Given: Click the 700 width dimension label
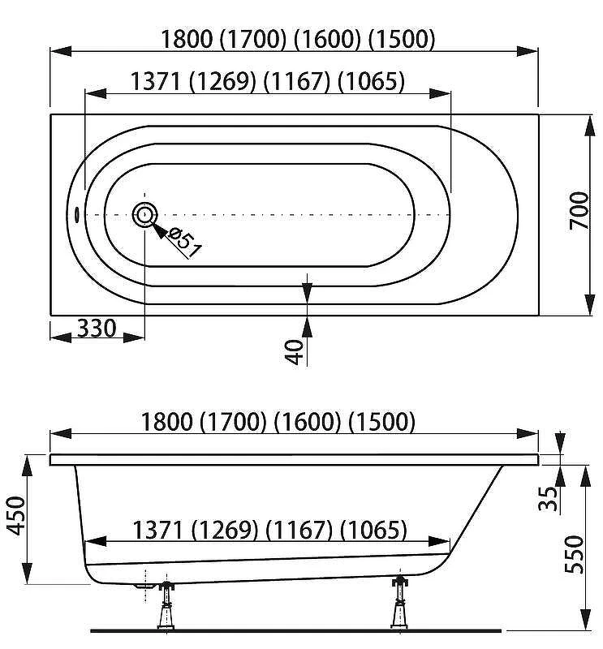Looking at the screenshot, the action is click(x=579, y=210).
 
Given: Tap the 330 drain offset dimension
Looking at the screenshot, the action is click(x=97, y=329).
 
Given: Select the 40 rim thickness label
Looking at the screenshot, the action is click(x=294, y=352).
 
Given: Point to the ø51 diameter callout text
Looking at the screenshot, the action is click(x=185, y=244).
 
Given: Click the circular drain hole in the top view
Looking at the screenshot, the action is click(x=144, y=215).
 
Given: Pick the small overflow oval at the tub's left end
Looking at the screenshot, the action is click(x=76, y=214).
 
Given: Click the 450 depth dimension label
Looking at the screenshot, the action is click(x=17, y=516).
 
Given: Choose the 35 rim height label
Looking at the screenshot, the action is click(x=549, y=499).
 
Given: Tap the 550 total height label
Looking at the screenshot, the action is click(x=575, y=555).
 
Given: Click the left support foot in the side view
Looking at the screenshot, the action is click(x=166, y=605).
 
